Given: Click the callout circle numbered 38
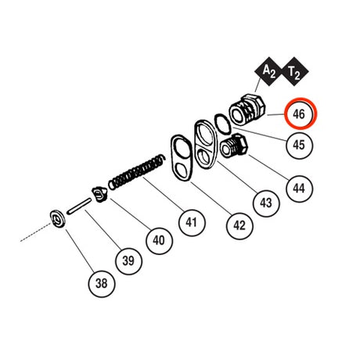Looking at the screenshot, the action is (x=102, y=283).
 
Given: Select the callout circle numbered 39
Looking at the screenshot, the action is (x=128, y=261).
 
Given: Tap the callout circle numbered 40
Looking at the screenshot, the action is (x=159, y=240).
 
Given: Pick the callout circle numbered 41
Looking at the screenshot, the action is (x=192, y=222).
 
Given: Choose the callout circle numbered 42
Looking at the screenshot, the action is (x=239, y=225).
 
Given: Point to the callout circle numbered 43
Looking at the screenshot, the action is (x=266, y=203).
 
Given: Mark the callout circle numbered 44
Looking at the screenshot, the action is (x=299, y=189).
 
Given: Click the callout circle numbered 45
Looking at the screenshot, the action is (x=299, y=145).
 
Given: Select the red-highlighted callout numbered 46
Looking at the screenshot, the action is (x=299, y=113).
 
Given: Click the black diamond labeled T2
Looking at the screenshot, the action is (x=294, y=71).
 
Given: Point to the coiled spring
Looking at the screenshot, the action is (x=137, y=172).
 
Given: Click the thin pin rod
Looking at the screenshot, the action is (x=79, y=207).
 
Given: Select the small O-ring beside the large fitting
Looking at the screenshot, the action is (x=223, y=124).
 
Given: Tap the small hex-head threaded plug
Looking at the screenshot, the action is (x=234, y=146).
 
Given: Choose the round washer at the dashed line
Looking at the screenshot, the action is (x=58, y=219).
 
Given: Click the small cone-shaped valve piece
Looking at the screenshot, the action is (x=99, y=195).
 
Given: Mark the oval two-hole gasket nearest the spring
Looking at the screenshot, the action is (x=182, y=158).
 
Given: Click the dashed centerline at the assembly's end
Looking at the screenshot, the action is (x=35, y=232).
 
